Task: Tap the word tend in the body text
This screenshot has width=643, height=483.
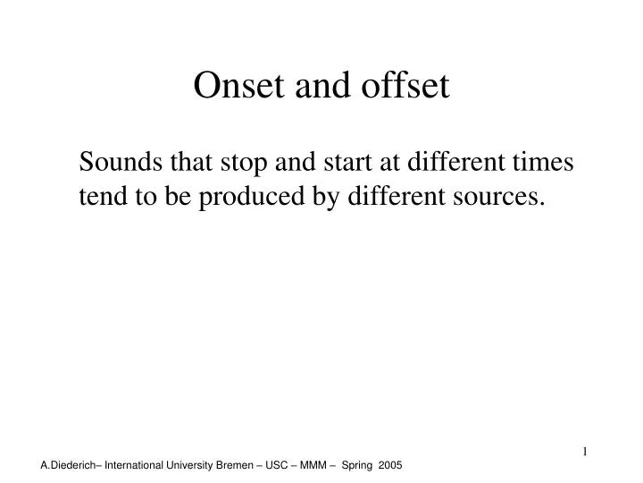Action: tap(100, 197)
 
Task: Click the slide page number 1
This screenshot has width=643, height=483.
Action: tap(585, 451)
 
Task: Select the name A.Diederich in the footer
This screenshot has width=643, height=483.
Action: tap(69, 467)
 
